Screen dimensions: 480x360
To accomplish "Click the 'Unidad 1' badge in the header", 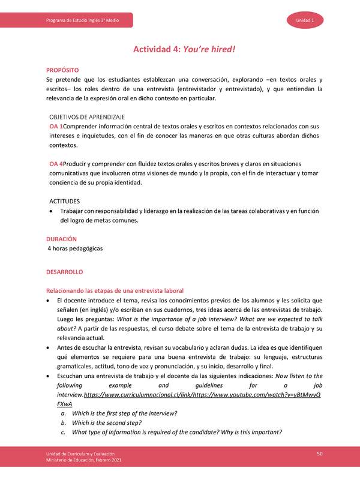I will [309, 20].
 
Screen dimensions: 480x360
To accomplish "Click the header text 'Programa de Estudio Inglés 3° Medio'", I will [82, 21].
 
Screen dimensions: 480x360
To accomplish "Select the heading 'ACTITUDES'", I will [65, 201].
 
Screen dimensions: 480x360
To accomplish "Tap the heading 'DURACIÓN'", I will [62, 239].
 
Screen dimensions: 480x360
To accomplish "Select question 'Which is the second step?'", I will [106, 424].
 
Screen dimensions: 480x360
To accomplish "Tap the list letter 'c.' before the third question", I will [63, 433].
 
